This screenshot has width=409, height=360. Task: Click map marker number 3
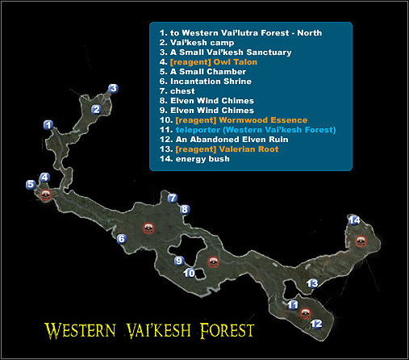pyautogui.click(x=114, y=89)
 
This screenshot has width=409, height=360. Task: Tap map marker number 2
pyautogui.click(x=96, y=109)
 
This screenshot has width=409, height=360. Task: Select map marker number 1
pyautogui.click(x=48, y=125)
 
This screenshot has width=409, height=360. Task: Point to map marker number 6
pyautogui.click(x=121, y=239)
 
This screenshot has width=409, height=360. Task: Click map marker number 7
pyautogui.click(x=172, y=198)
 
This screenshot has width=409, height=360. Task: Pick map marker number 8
pyautogui.click(x=184, y=210)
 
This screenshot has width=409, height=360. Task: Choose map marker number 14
pyautogui.click(x=353, y=220)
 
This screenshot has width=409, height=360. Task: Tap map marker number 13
pyautogui.click(x=313, y=283)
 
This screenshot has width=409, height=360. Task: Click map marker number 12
pyautogui.click(x=316, y=324)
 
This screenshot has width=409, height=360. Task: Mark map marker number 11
pyautogui.click(x=293, y=304)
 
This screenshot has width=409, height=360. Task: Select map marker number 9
pyautogui.click(x=179, y=260)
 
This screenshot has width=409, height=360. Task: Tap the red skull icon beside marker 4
pyautogui.click(x=44, y=195)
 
